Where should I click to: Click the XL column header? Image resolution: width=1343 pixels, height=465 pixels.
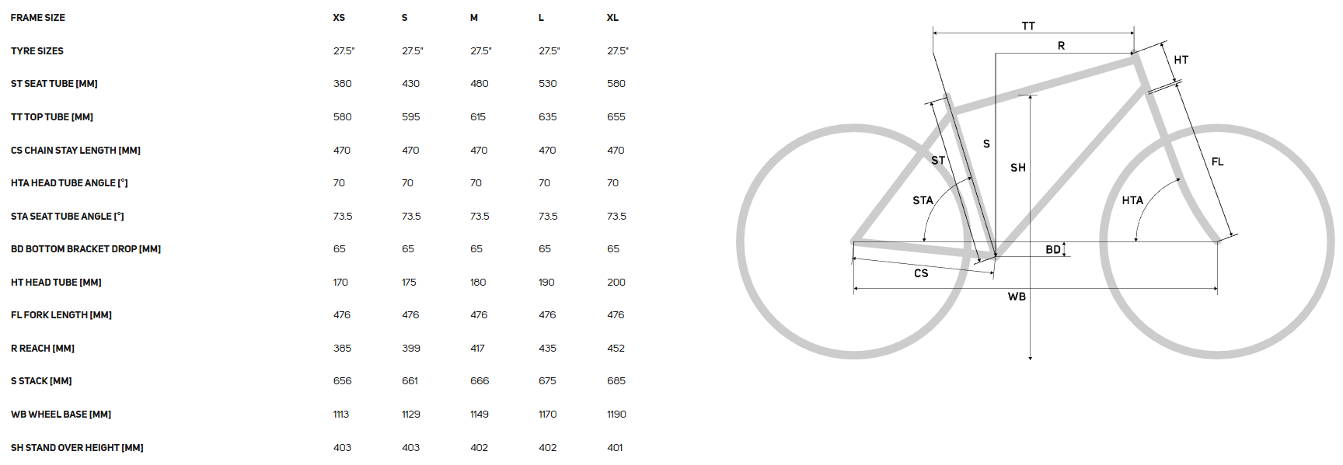(612, 18)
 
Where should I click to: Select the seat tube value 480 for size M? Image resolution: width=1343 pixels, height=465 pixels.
(480, 84)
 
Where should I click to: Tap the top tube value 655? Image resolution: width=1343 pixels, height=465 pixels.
(616, 117)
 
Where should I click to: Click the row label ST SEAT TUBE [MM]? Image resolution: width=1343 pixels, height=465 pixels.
(54, 84)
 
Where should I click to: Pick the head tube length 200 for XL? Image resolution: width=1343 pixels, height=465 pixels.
(616, 283)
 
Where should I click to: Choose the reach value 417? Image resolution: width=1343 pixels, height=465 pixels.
(477, 349)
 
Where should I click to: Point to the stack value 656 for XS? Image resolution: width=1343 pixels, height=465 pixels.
(343, 381)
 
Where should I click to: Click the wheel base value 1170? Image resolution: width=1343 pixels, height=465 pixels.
(548, 415)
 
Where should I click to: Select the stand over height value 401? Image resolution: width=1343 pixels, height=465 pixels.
(615, 448)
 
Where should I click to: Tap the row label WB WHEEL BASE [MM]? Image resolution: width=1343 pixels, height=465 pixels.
(61, 415)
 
